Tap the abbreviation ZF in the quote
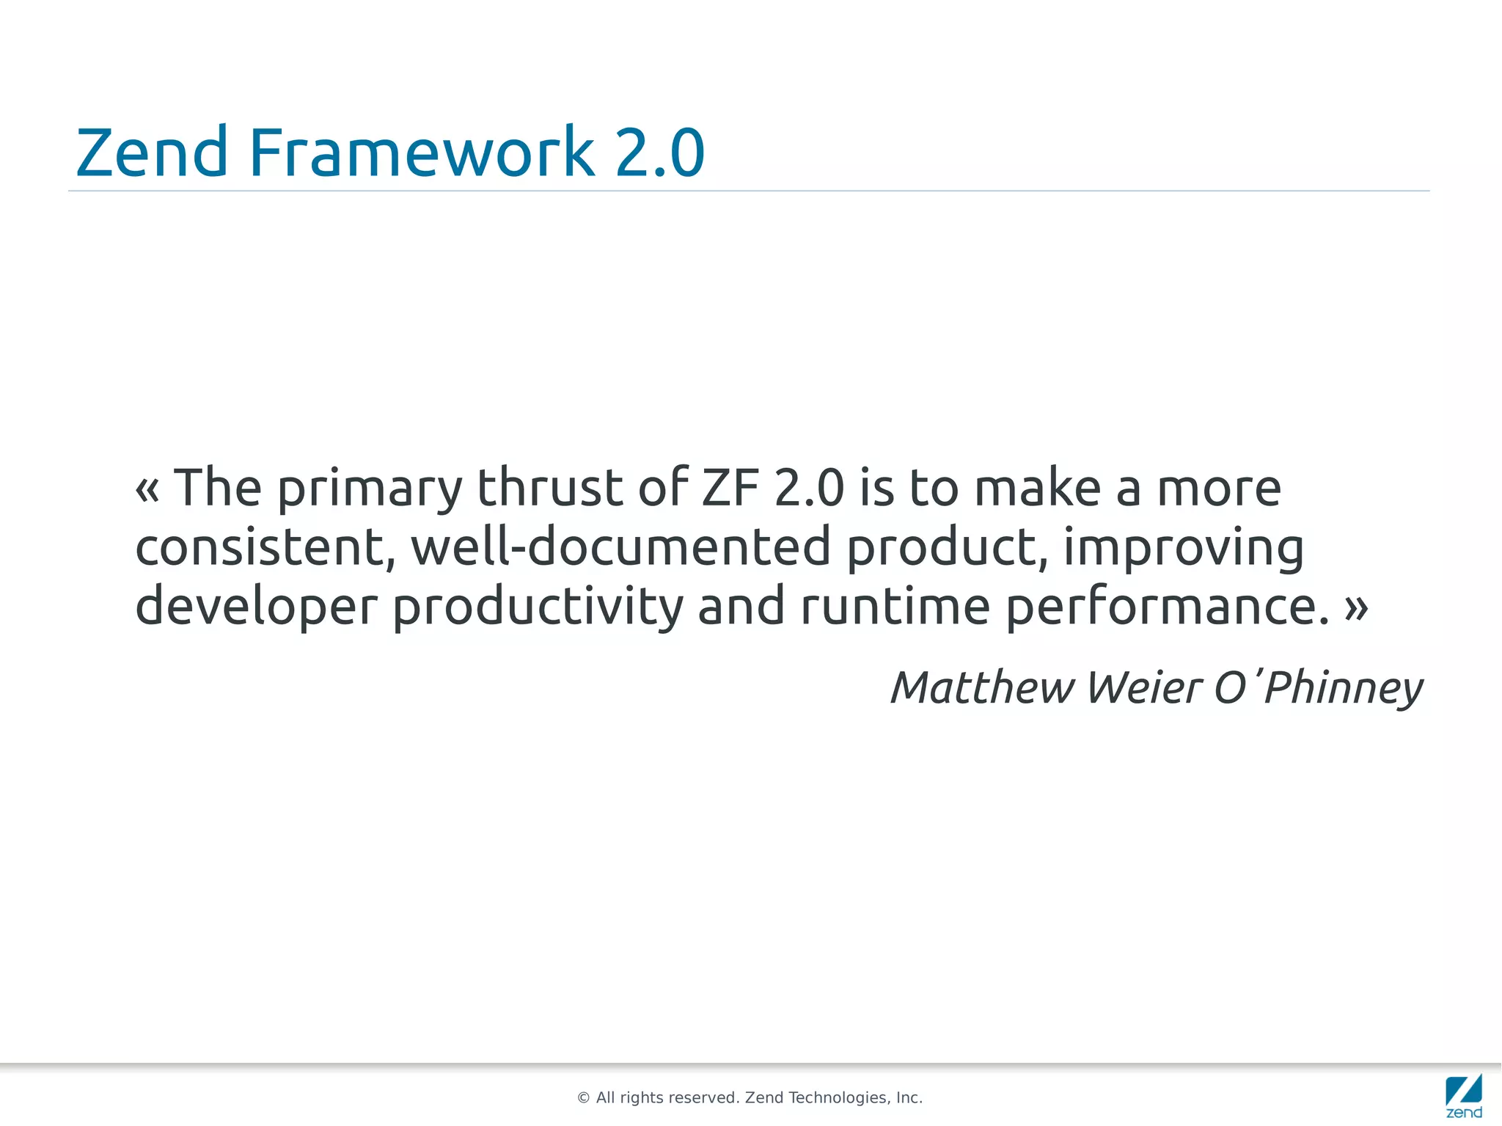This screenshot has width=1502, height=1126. [x=730, y=488]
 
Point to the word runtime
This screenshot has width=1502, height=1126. [x=895, y=607]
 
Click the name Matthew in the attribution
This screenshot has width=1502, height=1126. [x=982, y=688]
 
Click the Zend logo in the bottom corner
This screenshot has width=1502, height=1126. [x=1464, y=1096]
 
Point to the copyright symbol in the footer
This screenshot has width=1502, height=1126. [x=584, y=1098]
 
